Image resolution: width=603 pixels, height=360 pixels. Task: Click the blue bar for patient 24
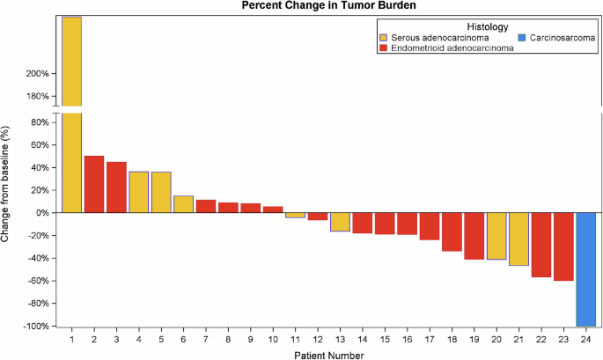tap(585, 268)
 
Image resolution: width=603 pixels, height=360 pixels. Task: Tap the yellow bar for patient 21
tap(518, 239)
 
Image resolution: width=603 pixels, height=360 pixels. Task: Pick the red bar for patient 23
tap(563, 246)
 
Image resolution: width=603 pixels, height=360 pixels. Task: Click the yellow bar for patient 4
tap(138, 192)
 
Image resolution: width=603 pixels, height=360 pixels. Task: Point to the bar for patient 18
tap(452, 231)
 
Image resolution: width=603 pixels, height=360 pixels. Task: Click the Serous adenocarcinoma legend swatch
tap(383, 38)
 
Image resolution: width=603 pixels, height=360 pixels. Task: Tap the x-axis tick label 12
tap(317, 338)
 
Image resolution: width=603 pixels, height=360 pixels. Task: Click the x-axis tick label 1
tap(71, 338)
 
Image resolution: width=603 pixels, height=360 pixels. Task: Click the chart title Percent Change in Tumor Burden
tap(329, 6)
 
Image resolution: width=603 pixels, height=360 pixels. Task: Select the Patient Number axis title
tap(328, 354)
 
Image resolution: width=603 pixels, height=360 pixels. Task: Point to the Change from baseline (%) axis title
tap(7, 184)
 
